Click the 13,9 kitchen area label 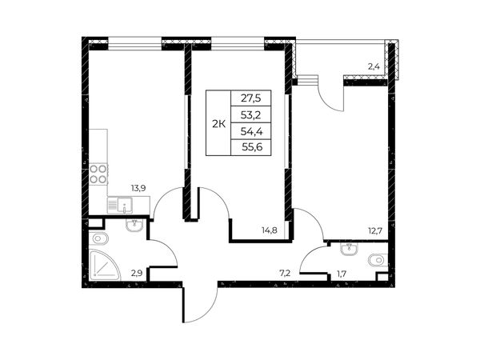click(138, 188)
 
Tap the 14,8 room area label click(270, 230)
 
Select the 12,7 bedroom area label click(375, 230)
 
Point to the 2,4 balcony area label click(374, 66)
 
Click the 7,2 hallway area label click(285, 274)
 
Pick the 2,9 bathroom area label click(137, 274)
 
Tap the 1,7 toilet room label click(342, 274)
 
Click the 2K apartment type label click(219, 124)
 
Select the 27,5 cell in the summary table click(250, 98)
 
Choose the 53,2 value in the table click(250, 114)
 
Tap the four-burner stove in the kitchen click(98, 174)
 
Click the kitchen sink click(120, 205)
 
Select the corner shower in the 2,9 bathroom click(104, 265)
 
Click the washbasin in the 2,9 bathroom click(134, 226)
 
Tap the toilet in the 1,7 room click(378, 261)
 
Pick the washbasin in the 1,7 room click(349, 249)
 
